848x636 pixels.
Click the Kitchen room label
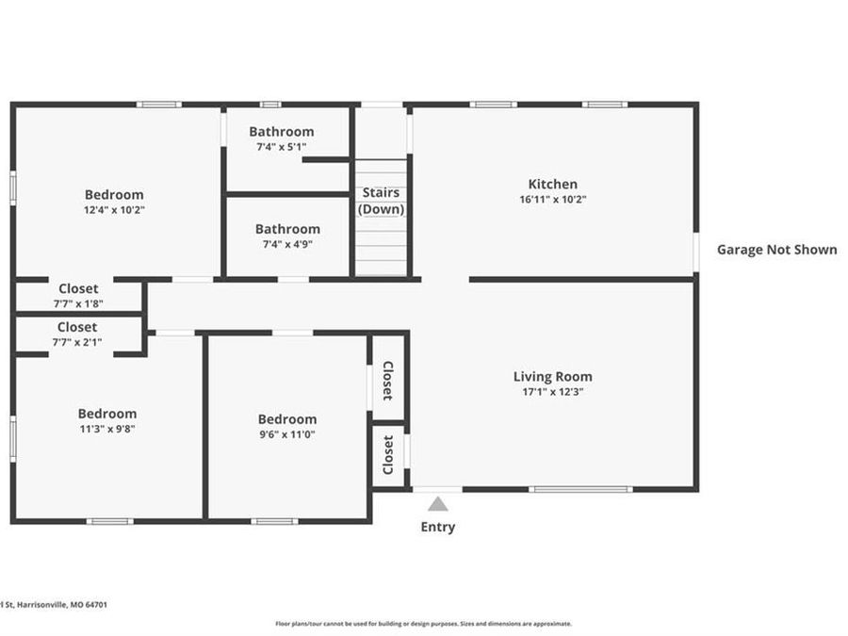tap(552, 184)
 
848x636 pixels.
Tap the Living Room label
tap(552, 376)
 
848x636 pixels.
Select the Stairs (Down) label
tap(381, 201)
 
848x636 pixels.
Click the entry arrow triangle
tap(438, 504)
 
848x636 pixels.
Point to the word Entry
tap(438, 527)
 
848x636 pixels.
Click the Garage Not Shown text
tap(776, 250)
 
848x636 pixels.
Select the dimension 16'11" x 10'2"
tap(552, 200)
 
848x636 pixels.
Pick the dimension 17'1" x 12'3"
tap(552, 392)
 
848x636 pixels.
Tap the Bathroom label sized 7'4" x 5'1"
tap(282, 132)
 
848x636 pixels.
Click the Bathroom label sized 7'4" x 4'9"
tap(287, 228)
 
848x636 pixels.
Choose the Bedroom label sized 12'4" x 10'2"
tap(114, 195)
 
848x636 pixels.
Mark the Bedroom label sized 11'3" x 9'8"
tap(107, 413)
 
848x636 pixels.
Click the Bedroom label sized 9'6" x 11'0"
tap(287, 419)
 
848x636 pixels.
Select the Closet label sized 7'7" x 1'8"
tap(78, 288)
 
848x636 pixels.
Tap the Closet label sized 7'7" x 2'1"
tap(77, 327)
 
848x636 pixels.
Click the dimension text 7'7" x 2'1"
tap(77, 342)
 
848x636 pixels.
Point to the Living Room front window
tap(579, 489)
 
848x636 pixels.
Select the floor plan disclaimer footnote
tap(423, 623)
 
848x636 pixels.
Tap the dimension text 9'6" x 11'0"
tap(287, 434)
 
